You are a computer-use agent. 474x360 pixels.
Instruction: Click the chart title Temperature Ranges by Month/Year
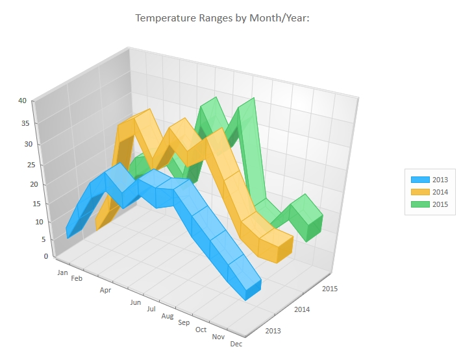click(222, 18)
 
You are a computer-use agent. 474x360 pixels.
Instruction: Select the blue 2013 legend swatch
click(419, 180)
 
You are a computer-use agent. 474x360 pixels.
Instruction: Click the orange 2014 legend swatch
click(419, 192)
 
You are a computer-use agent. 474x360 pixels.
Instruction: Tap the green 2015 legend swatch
click(419, 204)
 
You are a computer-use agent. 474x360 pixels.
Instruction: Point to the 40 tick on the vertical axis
click(22, 101)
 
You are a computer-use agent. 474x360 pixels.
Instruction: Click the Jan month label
click(62, 272)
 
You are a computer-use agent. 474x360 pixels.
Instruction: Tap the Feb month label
click(77, 279)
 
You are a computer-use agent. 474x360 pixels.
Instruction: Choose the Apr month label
click(106, 291)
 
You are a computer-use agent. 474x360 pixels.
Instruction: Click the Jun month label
click(136, 303)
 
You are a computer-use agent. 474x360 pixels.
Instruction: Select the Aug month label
click(168, 316)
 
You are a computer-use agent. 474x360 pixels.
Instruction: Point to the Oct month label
click(201, 330)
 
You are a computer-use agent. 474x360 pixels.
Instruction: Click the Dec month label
click(236, 344)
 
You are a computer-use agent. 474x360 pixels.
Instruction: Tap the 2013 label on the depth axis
click(274, 331)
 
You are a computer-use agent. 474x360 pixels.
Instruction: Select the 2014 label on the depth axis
click(302, 309)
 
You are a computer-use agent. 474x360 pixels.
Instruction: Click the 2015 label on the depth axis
click(329, 289)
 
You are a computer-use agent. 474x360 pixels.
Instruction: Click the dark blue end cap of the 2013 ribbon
click(254, 290)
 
